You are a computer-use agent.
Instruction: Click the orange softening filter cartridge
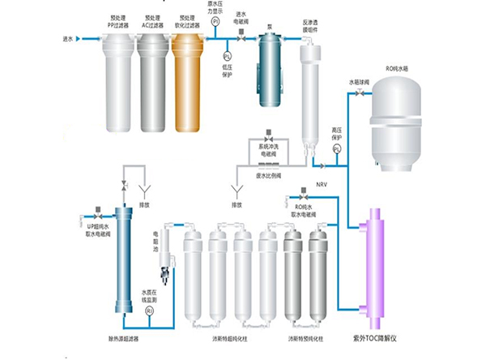(189, 85)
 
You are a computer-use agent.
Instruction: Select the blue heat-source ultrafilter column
(124, 259)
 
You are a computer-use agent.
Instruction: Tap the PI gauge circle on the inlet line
(216, 24)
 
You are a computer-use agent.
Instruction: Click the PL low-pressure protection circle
(228, 55)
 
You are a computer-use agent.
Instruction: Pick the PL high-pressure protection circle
(337, 148)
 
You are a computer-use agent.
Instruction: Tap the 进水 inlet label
(67, 38)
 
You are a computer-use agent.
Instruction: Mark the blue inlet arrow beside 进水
(78, 38)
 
